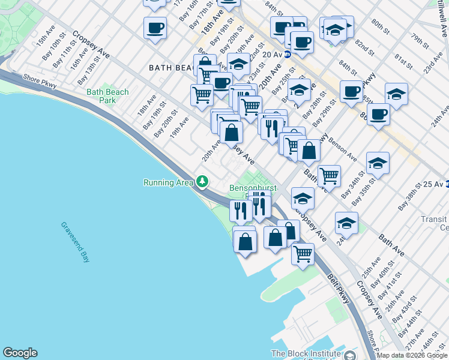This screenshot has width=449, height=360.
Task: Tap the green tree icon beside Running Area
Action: pyautogui.click(x=202, y=181)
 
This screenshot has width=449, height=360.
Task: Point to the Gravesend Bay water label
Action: pyautogui.click(x=75, y=242)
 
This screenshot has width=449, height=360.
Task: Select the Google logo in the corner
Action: pyautogui.click(x=20, y=353)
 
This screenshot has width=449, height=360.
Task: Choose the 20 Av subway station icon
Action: pyautogui.click(x=288, y=54)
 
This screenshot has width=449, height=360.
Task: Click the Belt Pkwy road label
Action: pyautogui.click(x=339, y=288)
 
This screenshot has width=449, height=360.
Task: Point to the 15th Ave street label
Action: pyautogui.click(x=46, y=41)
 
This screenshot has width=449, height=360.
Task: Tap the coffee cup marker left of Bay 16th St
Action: pyautogui.click(x=155, y=27)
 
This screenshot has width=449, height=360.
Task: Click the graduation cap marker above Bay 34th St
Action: pyautogui.click(x=378, y=163)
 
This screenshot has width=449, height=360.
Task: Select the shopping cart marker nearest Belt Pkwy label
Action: pyautogui.click(x=303, y=253)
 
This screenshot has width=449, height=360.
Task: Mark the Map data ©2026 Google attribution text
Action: pyautogui.click(x=412, y=355)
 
